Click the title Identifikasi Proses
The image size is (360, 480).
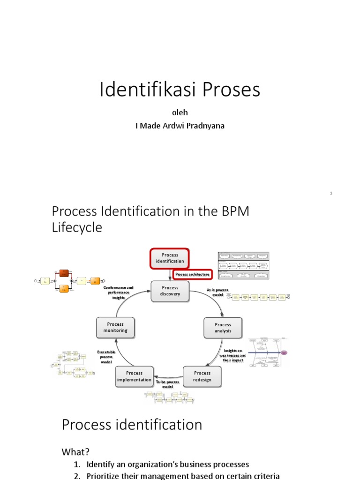180,90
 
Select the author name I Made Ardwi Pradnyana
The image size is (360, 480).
180,126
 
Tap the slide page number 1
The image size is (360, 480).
331,193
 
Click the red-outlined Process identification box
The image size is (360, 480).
170,258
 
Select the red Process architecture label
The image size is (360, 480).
193,274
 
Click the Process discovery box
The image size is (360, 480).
170,291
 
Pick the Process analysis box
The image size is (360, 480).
223,328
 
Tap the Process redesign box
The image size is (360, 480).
202,376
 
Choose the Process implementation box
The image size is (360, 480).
135,376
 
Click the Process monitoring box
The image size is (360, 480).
115,327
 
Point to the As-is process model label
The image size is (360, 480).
217,292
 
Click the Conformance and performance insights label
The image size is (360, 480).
119,292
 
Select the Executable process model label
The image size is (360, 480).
105,357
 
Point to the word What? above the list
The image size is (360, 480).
75,452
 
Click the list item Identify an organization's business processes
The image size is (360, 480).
167,465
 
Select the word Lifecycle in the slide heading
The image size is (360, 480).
77,228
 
